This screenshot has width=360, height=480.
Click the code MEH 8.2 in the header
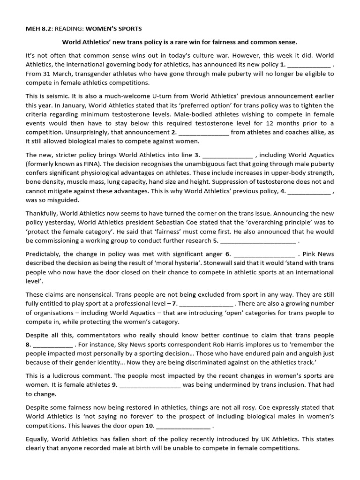pyautogui.click(x=38, y=29)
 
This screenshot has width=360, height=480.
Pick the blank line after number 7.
pyautogui.click(x=206, y=304)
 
